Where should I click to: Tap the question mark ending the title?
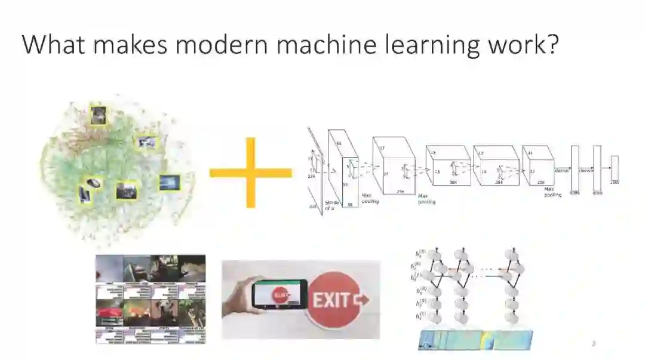(x=550, y=45)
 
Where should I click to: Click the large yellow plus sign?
(x=250, y=173)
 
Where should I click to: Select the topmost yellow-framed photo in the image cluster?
(x=98, y=115)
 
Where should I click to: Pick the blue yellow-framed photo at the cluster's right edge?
(x=169, y=183)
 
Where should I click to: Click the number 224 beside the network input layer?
(x=311, y=177)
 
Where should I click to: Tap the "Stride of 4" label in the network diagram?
(x=332, y=206)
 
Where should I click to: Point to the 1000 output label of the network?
(x=614, y=181)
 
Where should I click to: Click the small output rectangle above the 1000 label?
(x=614, y=167)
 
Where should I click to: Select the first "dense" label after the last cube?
(x=561, y=171)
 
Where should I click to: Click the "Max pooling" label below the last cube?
(x=552, y=192)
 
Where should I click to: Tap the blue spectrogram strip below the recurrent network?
(x=474, y=340)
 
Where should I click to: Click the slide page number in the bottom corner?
(x=593, y=343)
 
